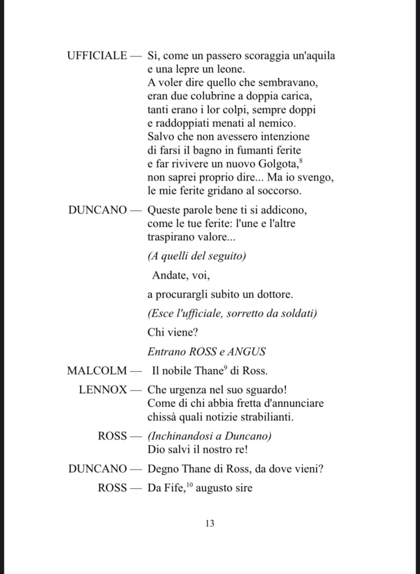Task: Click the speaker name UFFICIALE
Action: point(97,55)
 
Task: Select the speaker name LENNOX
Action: point(103,390)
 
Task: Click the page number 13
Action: point(210,524)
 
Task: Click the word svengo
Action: point(318,178)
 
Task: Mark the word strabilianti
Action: point(273,416)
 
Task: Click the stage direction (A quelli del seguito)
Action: point(196,256)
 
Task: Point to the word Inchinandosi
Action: point(179,436)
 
